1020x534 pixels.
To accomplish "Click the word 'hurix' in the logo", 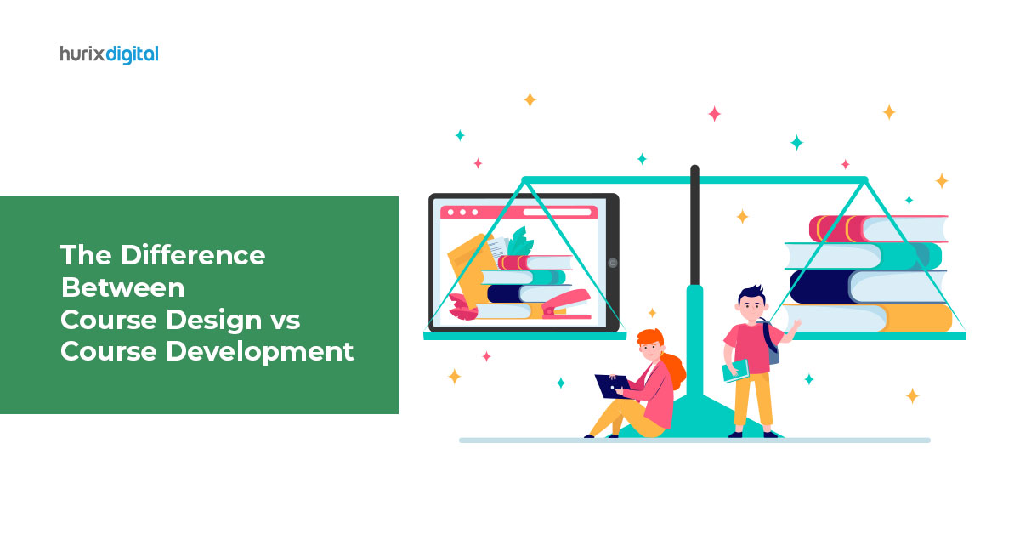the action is coord(82,54).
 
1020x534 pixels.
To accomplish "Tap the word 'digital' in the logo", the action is coord(133,54).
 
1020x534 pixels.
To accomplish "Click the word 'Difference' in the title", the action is coord(193,255).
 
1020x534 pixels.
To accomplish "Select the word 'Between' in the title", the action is coord(122,287).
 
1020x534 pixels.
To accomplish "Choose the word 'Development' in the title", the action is coord(259,353).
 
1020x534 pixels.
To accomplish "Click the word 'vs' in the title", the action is coord(285,321).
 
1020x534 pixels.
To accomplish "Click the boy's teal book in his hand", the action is coord(735,371).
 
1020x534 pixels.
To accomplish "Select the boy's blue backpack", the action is coord(772,343).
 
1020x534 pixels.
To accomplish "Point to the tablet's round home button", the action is coord(613,263).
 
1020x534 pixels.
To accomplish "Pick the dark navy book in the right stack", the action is coord(868,287).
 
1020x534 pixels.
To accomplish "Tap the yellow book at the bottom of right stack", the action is coord(869,317).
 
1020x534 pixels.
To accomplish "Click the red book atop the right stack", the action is coord(878,229).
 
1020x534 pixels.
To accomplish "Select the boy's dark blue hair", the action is coord(752,294).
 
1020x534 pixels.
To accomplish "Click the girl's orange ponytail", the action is coord(674,369).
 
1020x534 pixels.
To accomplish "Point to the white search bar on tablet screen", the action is coord(558,213).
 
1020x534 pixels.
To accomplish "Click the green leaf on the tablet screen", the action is coord(520,242).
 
